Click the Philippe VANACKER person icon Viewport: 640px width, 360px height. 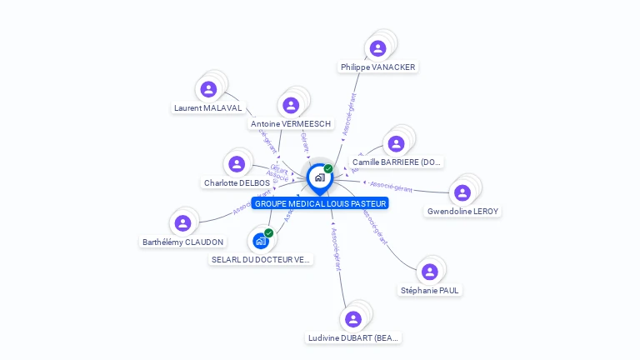377,48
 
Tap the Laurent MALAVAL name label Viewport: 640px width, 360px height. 207,107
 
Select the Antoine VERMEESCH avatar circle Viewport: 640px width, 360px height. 291,105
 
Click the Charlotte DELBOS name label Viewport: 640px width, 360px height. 237,182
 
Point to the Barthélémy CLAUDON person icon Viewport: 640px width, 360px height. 182,223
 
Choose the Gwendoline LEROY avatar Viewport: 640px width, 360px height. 462,192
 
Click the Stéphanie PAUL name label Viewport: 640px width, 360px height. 429,290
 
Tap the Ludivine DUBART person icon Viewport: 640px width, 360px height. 353,319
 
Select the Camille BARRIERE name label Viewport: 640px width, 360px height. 397,162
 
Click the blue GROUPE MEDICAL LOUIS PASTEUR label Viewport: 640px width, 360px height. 321,203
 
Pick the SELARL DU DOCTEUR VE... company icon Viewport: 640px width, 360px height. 261,241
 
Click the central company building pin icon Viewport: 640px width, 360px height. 319,177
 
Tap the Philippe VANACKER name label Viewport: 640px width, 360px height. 377,67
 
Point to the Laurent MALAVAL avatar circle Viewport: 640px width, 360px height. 208,89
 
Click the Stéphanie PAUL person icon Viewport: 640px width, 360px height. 430,272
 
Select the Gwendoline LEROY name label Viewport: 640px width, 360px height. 462,212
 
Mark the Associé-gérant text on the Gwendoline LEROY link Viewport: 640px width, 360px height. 391,186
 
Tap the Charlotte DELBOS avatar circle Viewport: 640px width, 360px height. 237,164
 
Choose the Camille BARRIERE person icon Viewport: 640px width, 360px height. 397,143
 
